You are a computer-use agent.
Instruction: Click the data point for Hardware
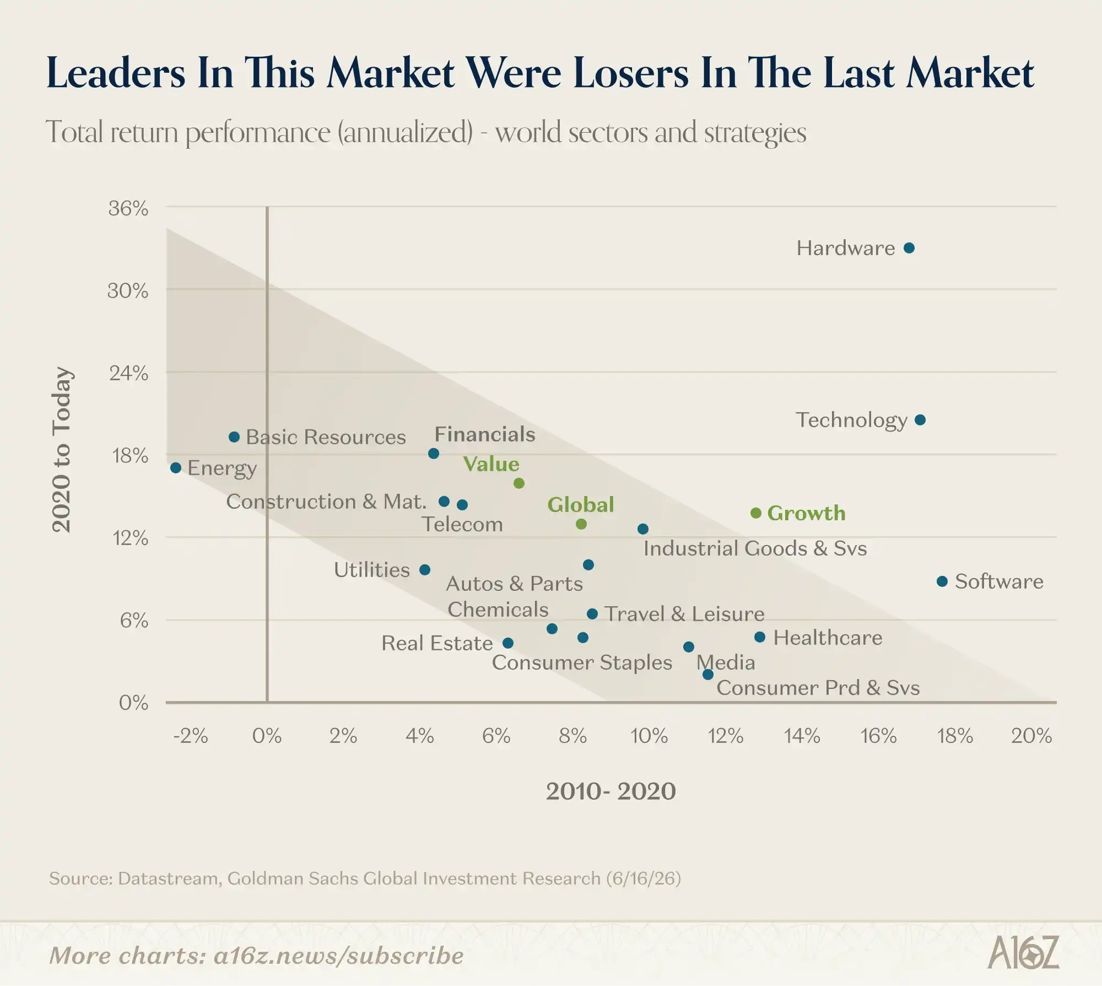[x=909, y=248]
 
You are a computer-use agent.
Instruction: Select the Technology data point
[x=920, y=420]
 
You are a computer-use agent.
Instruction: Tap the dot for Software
[x=942, y=581]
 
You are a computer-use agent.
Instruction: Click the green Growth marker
[x=756, y=513]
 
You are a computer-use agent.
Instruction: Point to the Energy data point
[x=176, y=468]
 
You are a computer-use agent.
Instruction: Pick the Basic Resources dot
[x=234, y=437]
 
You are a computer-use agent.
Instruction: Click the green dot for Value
[x=519, y=483]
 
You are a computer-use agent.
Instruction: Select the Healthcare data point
[x=760, y=637]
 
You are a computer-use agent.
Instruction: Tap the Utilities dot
[x=425, y=570]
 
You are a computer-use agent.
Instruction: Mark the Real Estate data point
[x=508, y=643]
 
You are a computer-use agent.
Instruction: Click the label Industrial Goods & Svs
[x=755, y=548]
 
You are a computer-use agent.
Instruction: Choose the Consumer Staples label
[x=582, y=663]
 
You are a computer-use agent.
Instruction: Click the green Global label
[x=581, y=505]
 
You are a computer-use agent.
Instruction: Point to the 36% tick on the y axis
[x=128, y=208]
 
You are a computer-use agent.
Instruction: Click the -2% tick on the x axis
[x=191, y=736]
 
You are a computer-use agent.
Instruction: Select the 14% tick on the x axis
[x=802, y=736]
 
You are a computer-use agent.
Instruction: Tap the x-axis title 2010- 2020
[x=611, y=791]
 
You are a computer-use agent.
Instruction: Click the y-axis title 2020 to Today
[x=61, y=450]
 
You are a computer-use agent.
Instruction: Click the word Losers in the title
[x=631, y=73]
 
